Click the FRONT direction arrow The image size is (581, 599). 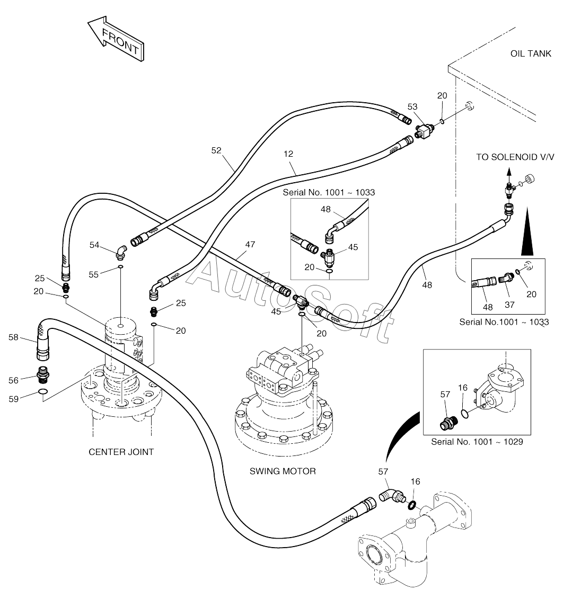pyautogui.click(x=117, y=39)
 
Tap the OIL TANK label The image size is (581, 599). pyautogui.click(x=531, y=53)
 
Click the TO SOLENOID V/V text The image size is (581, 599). pyautogui.click(x=515, y=157)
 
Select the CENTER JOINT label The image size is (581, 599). pyautogui.click(x=121, y=452)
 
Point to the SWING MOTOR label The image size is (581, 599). pyautogui.click(x=283, y=471)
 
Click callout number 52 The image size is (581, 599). pyautogui.click(x=216, y=150)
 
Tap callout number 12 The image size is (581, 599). pyautogui.click(x=288, y=154)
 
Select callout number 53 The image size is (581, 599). pyautogui.click(x=412, y=106)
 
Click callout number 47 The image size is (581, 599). pyautogui.click(x=250, y=244)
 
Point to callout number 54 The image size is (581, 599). pyautogui.click(x=94, y=245)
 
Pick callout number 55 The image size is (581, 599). pyautogui.click(x=93, y=274)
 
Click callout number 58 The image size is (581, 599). pyautogui.click(x=13, y=337)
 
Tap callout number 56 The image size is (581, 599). pyautogui.click(x=13, y=380)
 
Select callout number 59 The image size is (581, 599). pyautogui.click(x=13, y=399)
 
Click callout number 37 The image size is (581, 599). pyautogui.click(x=509, y=305)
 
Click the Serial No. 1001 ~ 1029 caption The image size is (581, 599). pyautogui.click(x=477, y=442)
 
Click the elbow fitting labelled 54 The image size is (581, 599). pyautogui.click(x=120, y=252)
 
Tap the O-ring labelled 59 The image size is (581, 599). pyautogui.click(x=43, y=391)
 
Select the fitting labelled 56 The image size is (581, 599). pyautogui.click(x=43, y=375)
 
